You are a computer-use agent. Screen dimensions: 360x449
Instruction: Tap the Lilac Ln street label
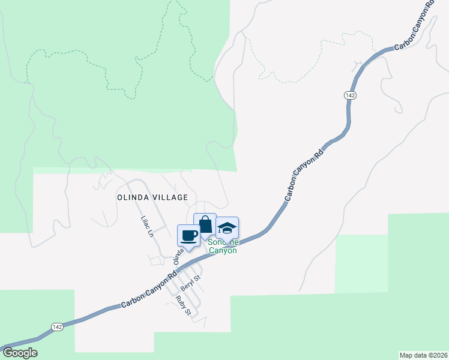click(147, 226)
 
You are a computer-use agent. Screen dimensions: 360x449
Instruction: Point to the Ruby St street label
click(183, 305)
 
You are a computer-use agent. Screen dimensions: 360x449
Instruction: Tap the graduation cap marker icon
click(227, 227)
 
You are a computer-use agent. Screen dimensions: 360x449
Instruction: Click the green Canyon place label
click(223, 250)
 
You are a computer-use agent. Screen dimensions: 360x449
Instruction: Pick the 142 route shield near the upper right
click(351, 95)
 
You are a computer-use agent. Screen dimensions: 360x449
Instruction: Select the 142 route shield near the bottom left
click(57, 326)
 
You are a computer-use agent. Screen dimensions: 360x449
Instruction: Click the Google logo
click(20, 353)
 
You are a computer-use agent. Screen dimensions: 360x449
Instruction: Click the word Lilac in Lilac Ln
click(145, 222)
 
